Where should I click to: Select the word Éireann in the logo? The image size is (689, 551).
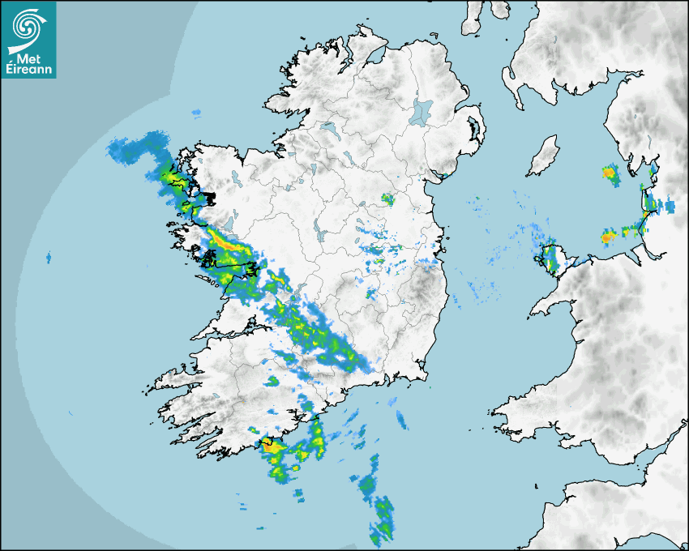(29, 70)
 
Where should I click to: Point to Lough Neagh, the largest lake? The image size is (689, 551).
(421, 111)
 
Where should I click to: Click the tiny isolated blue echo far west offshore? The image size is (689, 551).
(48, 258)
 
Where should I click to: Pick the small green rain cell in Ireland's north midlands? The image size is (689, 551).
(388, 199)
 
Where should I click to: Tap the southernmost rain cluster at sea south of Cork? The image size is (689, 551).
(381, 519)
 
